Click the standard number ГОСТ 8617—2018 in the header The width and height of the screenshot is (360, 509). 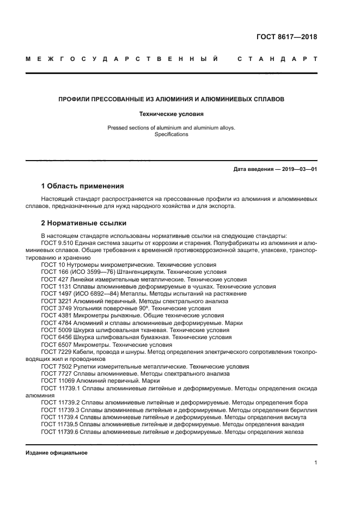[x=286, y=38]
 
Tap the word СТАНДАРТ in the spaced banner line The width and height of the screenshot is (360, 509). [x=277, y=59]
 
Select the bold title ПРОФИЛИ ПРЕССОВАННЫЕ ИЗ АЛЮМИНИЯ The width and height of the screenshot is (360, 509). [x=172, y=100]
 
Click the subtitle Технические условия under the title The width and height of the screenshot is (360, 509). [x=171, y=114]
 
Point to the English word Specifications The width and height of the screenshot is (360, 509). [x=171, y=134]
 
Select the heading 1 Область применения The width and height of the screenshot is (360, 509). [x=82, y=186]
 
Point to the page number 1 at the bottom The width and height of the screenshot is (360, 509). [x=315, y=463]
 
